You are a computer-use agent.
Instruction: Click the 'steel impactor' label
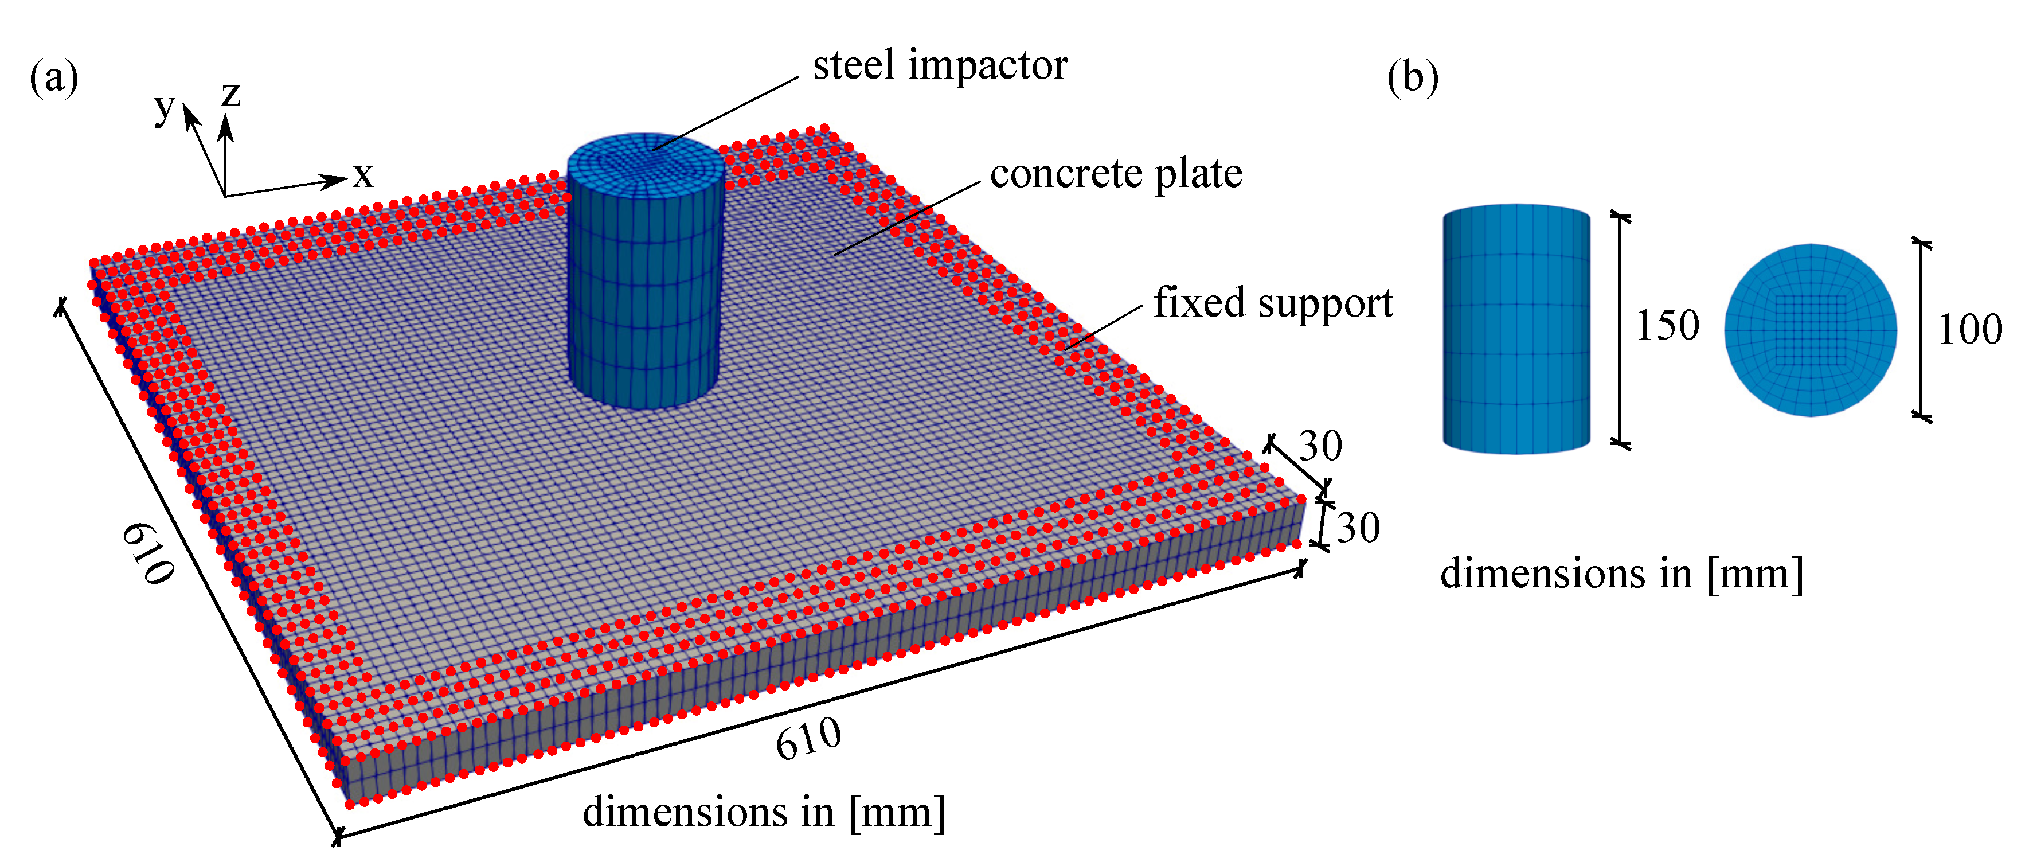click(x=940, y=65)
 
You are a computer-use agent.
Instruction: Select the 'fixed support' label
click(x=1273, y=303)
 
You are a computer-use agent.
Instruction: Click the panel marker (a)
click(x=53, y=78)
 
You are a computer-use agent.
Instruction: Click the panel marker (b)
click(x=1412, y=78)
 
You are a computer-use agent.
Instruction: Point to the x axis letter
click(x=362, y=175)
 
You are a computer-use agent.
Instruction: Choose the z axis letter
click(x=230, y=95)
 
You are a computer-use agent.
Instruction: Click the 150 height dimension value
click(x=1667, y=325)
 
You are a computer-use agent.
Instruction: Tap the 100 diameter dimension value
click(x=1969, y=329)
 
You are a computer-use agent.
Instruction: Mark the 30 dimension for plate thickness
click(x=1358, y=527)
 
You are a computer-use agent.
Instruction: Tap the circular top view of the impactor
click(x=1810, y=330)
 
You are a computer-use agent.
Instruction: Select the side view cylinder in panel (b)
click(x=1516, y=329)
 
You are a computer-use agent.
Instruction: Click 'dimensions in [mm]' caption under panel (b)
click(x=1621, y=573)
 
